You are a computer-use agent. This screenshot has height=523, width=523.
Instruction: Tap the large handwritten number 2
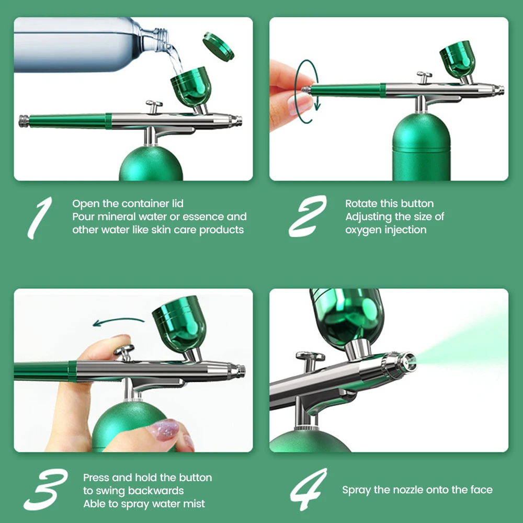[307, 216]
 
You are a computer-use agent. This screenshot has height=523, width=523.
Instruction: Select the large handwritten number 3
[46, 490]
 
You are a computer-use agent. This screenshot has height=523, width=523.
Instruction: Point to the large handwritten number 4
[309, 489]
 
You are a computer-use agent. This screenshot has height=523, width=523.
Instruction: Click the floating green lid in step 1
[218, 46]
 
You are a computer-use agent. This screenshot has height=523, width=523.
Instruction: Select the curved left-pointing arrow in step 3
[118, 321]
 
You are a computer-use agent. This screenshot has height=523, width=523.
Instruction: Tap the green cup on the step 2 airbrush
[458, 60]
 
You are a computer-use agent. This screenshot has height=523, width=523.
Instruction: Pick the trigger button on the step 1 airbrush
[154, 106]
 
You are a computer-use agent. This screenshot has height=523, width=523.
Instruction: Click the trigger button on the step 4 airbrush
[310, 360]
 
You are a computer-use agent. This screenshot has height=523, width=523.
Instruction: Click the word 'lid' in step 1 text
[178, 203]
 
